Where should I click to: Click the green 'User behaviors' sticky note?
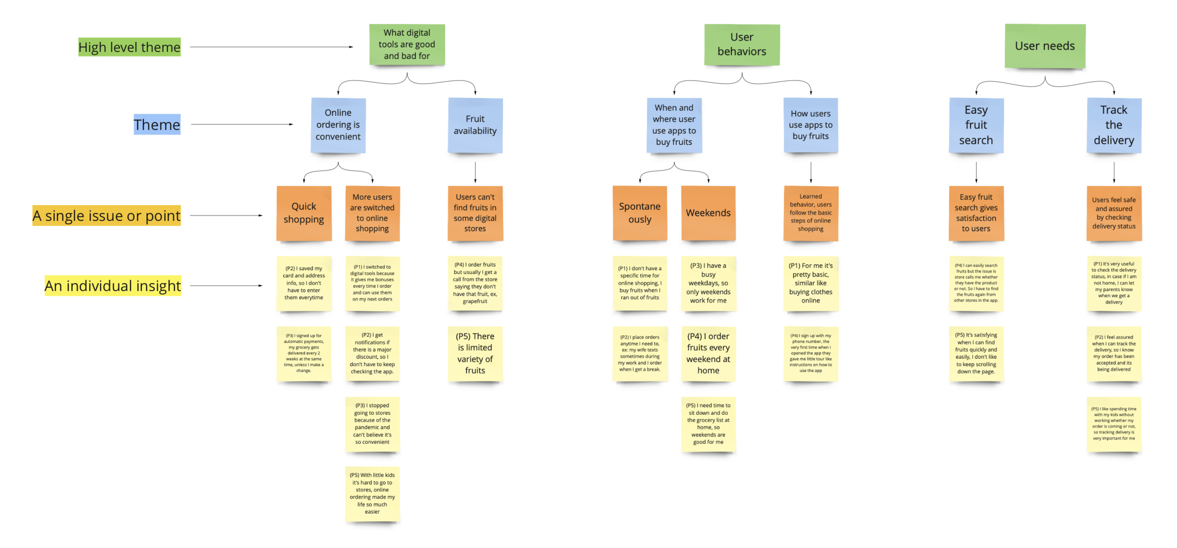[x=742, y=44]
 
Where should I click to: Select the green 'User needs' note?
[x=1045, y=46]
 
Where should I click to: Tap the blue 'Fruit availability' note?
[x=475, y=125]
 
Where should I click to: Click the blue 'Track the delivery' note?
[x=1113, y=125]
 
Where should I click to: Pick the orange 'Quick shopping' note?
[x=304, y=213]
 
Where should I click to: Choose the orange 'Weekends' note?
[x=708, y=213]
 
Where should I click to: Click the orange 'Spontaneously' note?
[x=639, y=213]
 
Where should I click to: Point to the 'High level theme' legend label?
[x=129, y=47]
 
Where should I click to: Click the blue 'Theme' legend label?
[x=157, y=125]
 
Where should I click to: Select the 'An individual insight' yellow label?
[x=113, y=286]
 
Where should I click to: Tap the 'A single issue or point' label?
[x=106, y=216]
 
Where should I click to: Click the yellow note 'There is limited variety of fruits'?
[x=475, y=353]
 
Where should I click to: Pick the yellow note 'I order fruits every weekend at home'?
[x=708, y=353]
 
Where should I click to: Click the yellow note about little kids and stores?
[x=372, y=493]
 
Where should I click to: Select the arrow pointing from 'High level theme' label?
[x=271, y=47]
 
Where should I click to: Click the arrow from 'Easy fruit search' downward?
[x=976, y=172]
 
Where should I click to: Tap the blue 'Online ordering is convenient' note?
[x=338, y=125]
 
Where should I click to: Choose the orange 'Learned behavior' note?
[x=810, y=213]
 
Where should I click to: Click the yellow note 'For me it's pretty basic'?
[x=810, y=283]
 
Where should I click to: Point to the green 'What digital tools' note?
[x=407, y=44]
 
